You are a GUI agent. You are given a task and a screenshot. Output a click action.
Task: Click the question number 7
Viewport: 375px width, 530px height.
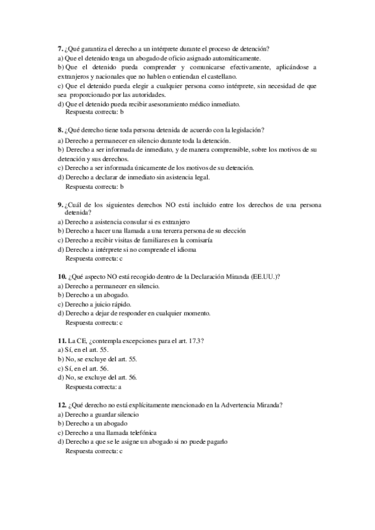59,49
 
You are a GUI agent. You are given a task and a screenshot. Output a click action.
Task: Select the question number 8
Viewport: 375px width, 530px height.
59,130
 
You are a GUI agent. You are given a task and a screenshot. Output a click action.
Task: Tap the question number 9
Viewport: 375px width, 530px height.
59,204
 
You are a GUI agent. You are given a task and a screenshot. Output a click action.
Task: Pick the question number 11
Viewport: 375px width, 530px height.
61,341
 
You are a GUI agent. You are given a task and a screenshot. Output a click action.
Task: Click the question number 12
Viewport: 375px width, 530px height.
61,404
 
